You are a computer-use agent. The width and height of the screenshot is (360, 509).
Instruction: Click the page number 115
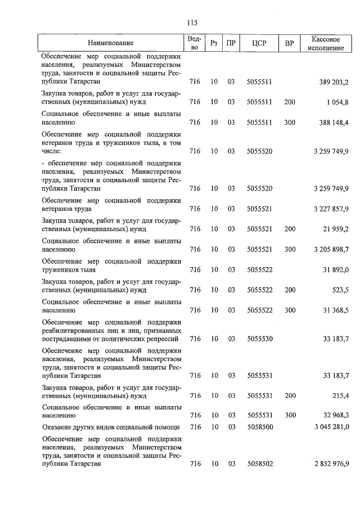click(192, 22)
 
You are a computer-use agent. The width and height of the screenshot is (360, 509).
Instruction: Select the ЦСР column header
click(259, 43)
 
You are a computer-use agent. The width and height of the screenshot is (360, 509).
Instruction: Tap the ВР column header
click(290, 43)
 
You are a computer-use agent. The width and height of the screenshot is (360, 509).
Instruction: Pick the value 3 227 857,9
click(331, 209)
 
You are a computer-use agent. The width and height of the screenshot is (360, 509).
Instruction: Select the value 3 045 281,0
click(331, 427)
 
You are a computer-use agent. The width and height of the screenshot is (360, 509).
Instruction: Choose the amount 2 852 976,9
click(331, 464)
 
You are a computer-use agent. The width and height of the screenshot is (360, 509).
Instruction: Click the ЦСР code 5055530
click(259, 339)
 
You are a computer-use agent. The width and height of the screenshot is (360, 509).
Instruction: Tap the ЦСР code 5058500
click(259, 427)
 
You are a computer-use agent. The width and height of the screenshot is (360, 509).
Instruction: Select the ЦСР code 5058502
click(259, 464)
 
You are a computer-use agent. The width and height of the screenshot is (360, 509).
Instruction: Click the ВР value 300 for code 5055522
click(290, 310)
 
